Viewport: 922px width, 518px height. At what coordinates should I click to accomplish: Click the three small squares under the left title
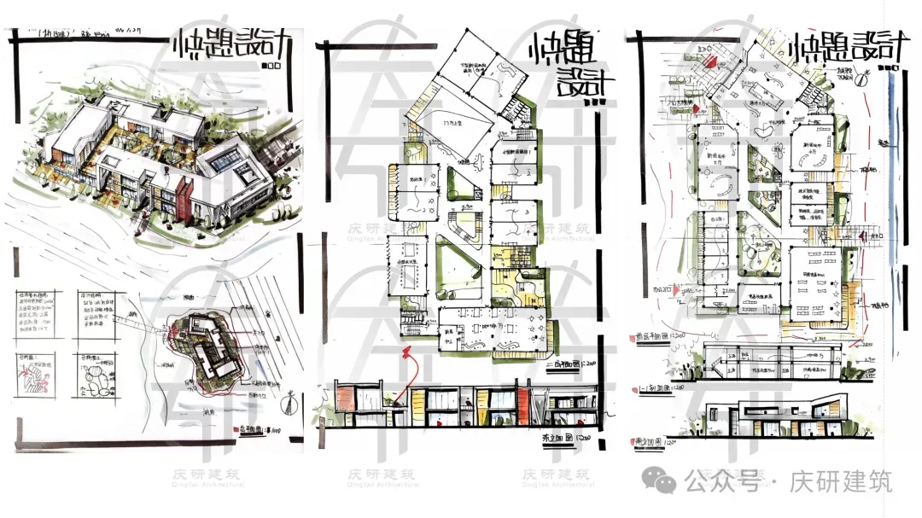click(274, 65)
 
